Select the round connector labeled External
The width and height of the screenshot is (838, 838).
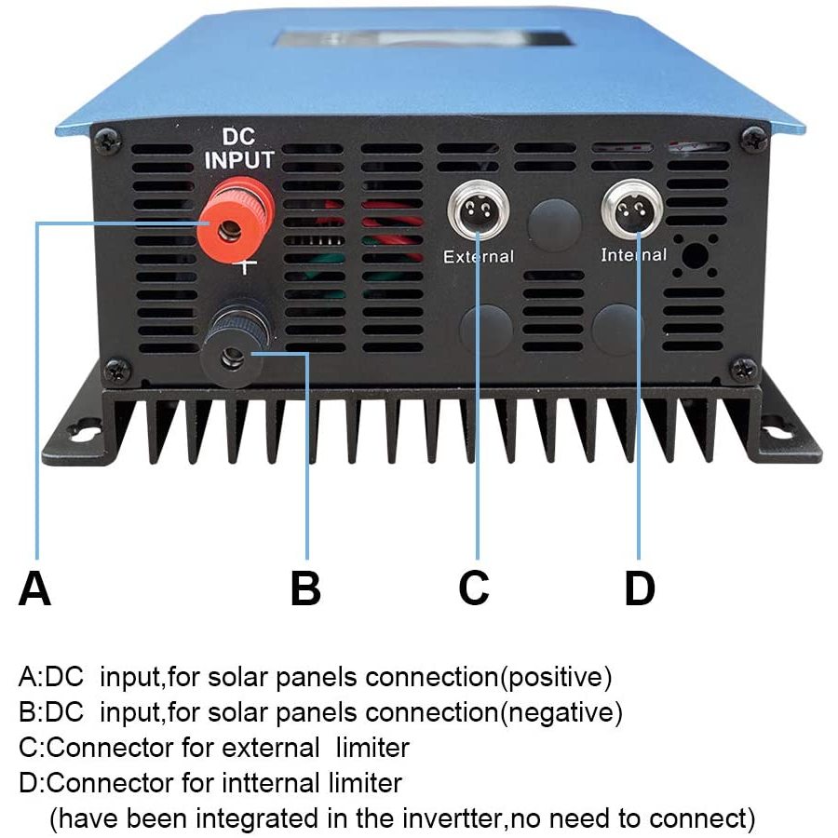point(478,209)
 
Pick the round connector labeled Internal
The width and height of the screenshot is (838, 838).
point(633,209)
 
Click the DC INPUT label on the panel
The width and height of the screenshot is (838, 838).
point(239,149)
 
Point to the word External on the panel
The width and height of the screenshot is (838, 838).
point(479,257)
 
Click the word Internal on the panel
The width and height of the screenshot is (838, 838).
point(634,255)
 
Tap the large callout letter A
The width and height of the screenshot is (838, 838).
point(34,588)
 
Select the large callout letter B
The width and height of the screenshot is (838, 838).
point(305,588)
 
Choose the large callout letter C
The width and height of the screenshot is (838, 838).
point(474,588)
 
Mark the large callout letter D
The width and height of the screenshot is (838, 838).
point(640,588)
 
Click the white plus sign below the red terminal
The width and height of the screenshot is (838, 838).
point(245,265)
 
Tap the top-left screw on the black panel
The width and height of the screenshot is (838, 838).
point(108,140)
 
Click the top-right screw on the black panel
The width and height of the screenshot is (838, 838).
point(754,139)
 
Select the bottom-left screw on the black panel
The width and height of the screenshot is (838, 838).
point(117,371)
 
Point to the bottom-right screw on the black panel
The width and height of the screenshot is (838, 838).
point(744,370)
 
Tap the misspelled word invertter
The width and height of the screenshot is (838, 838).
point(453,818)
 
